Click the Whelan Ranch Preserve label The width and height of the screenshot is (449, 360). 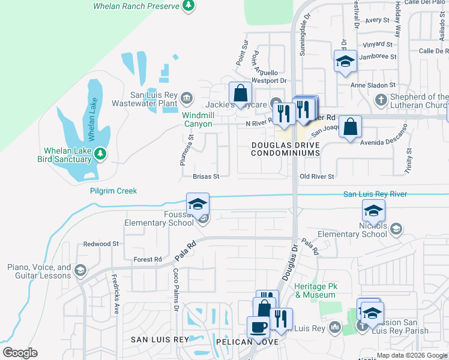[137, 6]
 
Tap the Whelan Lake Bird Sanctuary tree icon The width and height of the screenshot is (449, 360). [100, 155]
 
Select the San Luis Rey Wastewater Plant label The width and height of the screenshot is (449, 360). [155, 99]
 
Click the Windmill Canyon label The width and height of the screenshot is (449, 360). [197, 119]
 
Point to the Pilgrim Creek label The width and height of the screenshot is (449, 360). [113, 191]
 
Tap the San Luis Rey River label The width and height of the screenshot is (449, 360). [375, 194]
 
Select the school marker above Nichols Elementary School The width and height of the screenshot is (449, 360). [373, 211]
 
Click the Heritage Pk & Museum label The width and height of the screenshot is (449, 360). [315, 290]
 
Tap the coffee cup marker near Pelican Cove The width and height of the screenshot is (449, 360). [258, 328]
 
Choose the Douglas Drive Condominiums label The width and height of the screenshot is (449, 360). [285, 149]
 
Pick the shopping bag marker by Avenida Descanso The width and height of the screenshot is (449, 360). [350, 127]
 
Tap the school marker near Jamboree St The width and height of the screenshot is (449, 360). [345, 62]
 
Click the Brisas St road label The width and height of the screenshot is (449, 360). [206, 177]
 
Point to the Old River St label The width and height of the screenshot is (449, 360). [316, 177]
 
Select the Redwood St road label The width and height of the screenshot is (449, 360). [101, 244]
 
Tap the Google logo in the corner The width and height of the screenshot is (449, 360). [20, 353]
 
